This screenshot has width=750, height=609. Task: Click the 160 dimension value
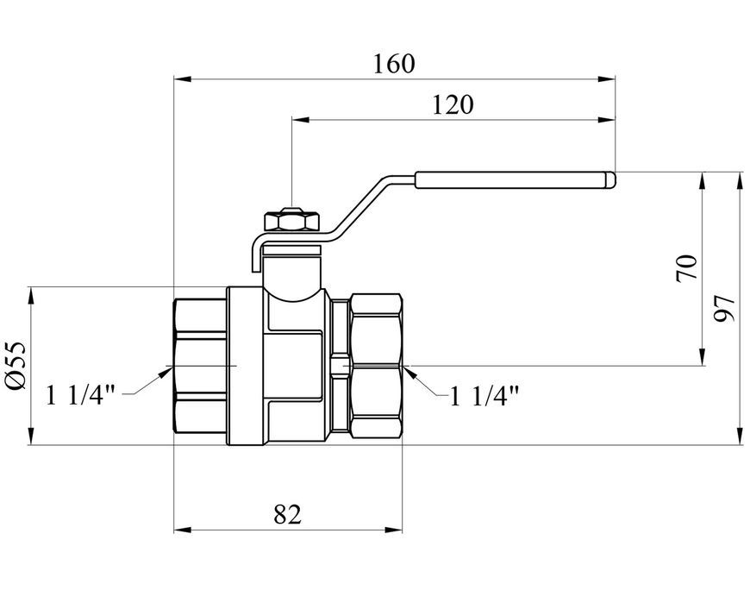pyautogui.click(x=394, y=64)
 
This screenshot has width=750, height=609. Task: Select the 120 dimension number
pyautogui.click(x=453, y=105)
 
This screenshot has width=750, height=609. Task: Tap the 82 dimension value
pyautogui.click(x=288, y=515)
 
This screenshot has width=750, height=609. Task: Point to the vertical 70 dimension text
pyautogui.click(x=687, y=268)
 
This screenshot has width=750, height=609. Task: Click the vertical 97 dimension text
pyautogui.click(x=723, y=308)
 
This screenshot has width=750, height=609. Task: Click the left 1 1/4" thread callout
pyautogui.click(x=80, y=395)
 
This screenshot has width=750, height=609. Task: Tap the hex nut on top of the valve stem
pyautogui.click(x=291, y=219)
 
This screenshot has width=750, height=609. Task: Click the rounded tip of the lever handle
pyautogui.click(x=612, y=180)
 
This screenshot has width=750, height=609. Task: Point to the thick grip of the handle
pyautogui.click(x=516, y=180)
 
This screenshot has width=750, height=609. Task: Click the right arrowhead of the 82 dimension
pyautogui.click(x=393, y=530)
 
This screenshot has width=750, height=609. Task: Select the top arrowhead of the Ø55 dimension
pyautogui.click(x=31, y=296)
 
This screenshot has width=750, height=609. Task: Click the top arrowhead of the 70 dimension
pyautogui.click(x=703, y=181)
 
